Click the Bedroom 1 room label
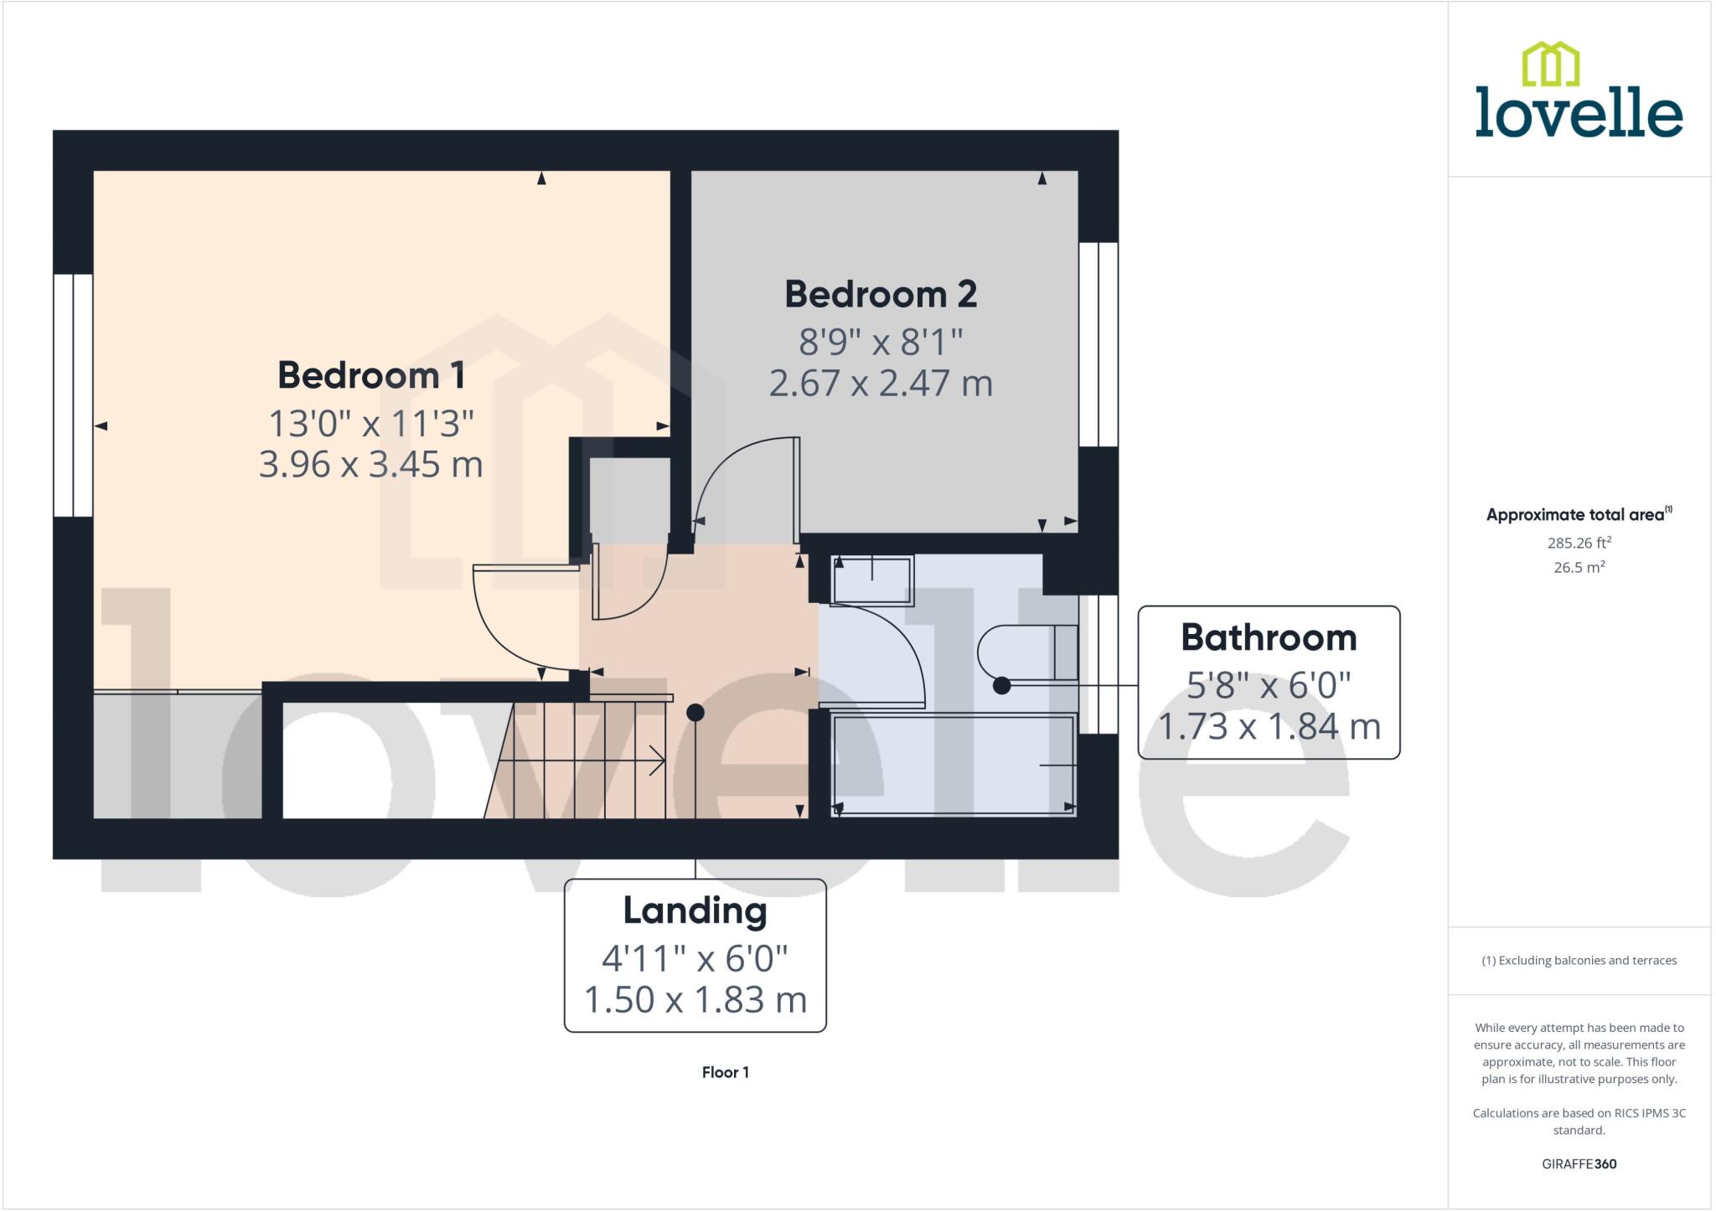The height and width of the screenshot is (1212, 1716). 371,375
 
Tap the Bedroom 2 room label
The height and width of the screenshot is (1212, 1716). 881,294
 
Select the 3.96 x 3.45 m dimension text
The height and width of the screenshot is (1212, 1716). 371,465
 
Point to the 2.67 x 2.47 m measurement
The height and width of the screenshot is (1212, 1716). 881,384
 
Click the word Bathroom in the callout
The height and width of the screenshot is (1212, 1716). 1269,638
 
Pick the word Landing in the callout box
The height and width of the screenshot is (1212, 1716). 695,910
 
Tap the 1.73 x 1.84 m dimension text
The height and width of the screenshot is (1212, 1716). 1269,726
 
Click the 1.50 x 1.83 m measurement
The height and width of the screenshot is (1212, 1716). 695,1000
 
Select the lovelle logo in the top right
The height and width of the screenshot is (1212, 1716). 1579,91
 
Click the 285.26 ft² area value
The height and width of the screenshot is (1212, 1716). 1579,543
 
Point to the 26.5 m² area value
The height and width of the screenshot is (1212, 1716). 1579,567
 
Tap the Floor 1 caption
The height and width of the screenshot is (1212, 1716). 725,1072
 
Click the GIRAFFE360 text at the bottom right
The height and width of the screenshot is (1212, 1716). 1579,1163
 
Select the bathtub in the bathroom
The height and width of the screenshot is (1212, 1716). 954,764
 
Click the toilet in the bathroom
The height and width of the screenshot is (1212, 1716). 1026,652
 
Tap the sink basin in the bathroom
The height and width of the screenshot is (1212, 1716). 871,580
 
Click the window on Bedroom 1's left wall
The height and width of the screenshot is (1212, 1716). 73,395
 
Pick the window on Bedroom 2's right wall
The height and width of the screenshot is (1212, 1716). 1098,344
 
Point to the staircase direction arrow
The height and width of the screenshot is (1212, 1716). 587,761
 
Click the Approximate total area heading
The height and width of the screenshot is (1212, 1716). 1579,515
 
